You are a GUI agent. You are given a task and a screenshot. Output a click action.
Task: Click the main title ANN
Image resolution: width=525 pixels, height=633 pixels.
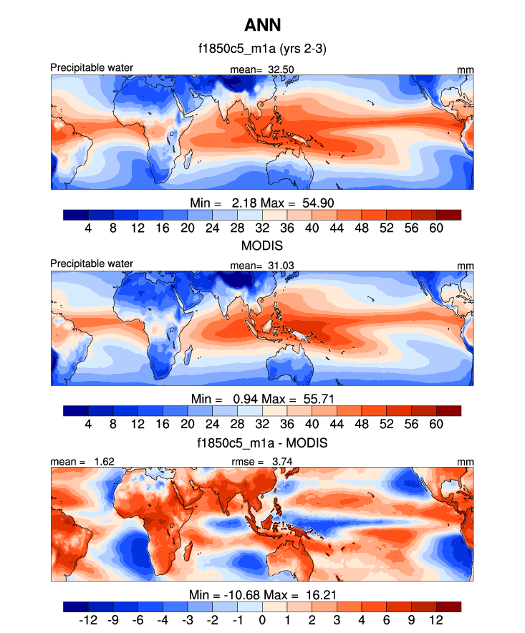tap(262, 26)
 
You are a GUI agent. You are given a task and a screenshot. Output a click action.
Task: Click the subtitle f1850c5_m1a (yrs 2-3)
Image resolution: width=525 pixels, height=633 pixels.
tap(262, 49)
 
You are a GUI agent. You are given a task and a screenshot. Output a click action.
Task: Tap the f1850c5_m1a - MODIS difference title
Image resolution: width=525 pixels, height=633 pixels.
tap(262, 443)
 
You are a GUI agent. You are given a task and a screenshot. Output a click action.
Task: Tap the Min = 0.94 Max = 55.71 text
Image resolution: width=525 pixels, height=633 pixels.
tap(262, 398)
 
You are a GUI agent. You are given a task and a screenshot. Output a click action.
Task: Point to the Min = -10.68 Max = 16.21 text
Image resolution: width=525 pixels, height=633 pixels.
tap(262, 594)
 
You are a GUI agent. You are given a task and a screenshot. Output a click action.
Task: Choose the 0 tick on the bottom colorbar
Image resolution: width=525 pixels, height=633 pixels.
tap(262, 619)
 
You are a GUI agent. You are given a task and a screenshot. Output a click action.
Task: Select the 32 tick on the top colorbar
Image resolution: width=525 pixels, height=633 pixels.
tap(262, 227)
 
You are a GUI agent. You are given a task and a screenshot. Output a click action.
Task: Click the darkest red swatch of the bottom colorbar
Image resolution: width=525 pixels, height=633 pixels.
tap(448, 607)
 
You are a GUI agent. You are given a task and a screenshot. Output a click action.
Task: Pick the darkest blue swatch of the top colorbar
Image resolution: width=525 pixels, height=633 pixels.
tap(75, 214)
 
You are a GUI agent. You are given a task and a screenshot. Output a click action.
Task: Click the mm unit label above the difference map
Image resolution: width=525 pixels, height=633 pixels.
tap(466, 462)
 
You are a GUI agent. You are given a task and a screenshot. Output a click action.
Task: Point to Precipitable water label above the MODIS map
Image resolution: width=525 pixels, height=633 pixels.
tap(92, 264)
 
